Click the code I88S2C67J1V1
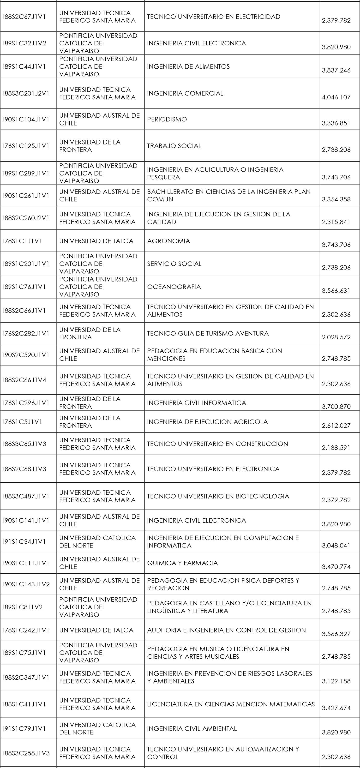point(24,17)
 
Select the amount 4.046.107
point(336,97)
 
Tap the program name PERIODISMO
point(167,119)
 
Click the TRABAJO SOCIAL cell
point(174,146)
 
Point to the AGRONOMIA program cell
point(168,241)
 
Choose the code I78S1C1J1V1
point(22,241)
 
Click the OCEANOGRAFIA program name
point(174,287)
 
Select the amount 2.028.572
point(336,337)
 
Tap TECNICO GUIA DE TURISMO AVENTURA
point(208,333)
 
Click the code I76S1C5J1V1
point(22,422)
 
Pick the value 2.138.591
point(336,448)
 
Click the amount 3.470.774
point(336,567)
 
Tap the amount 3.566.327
point(336,634)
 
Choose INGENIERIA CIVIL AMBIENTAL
point(192,728)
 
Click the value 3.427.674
point(336,708)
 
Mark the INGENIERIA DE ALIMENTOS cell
point(188,66)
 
